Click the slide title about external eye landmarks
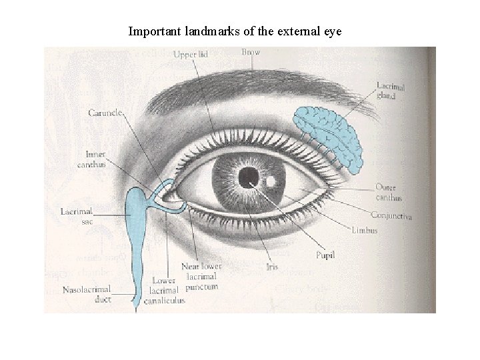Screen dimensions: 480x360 point(234,31)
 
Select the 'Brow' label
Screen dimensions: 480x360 point(251,52)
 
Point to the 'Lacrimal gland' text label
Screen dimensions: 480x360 point(390,91)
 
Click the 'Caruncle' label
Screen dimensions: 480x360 point(105,113)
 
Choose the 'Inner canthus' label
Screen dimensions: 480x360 point(91,159)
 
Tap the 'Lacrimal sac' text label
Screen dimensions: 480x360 point(77,216)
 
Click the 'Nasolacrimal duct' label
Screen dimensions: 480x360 point(87,295)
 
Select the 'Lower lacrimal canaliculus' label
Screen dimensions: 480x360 point(165,290)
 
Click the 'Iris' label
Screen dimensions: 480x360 point(271,267)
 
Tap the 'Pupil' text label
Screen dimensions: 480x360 point(325,255)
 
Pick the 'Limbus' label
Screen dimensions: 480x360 point(364,231)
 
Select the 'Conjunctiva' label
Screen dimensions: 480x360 point(391,216)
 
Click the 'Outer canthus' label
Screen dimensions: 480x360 point(389,192)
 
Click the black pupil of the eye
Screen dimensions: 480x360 point(249,176)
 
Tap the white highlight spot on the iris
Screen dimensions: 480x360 point(271,181)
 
